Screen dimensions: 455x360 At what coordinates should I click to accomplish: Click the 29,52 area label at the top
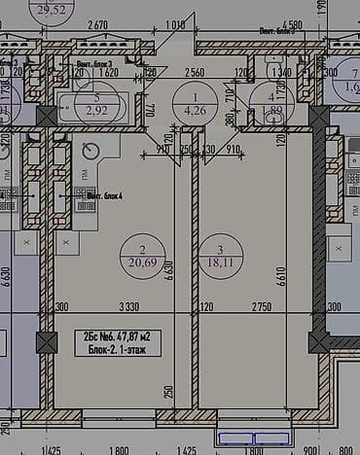54,10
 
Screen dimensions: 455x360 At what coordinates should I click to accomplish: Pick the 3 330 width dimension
119,307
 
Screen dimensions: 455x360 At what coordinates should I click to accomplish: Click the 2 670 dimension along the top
97,24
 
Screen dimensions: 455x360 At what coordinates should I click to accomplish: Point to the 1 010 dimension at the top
175,24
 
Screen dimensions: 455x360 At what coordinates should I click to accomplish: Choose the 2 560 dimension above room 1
194,73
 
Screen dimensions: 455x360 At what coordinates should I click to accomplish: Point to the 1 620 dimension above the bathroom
108,73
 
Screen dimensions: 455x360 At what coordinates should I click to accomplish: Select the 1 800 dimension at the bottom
119,449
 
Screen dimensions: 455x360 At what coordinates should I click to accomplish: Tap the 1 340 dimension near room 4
282,73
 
